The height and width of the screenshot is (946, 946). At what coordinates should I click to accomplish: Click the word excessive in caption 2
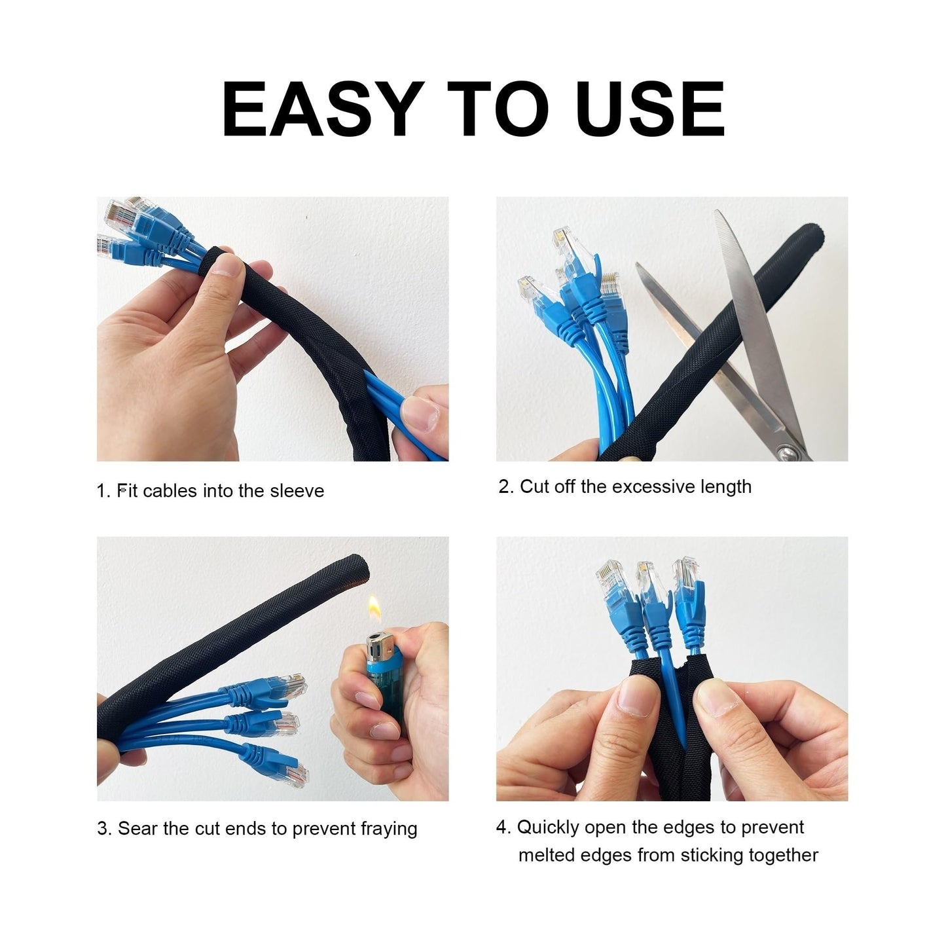point(651,486)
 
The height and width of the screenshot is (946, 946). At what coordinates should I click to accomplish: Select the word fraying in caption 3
point(389,829)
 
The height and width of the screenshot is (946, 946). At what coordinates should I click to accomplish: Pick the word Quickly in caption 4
point(549,828)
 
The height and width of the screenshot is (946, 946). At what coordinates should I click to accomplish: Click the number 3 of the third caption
point(102,829)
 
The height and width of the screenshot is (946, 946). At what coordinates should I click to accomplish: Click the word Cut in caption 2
point(534,486)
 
